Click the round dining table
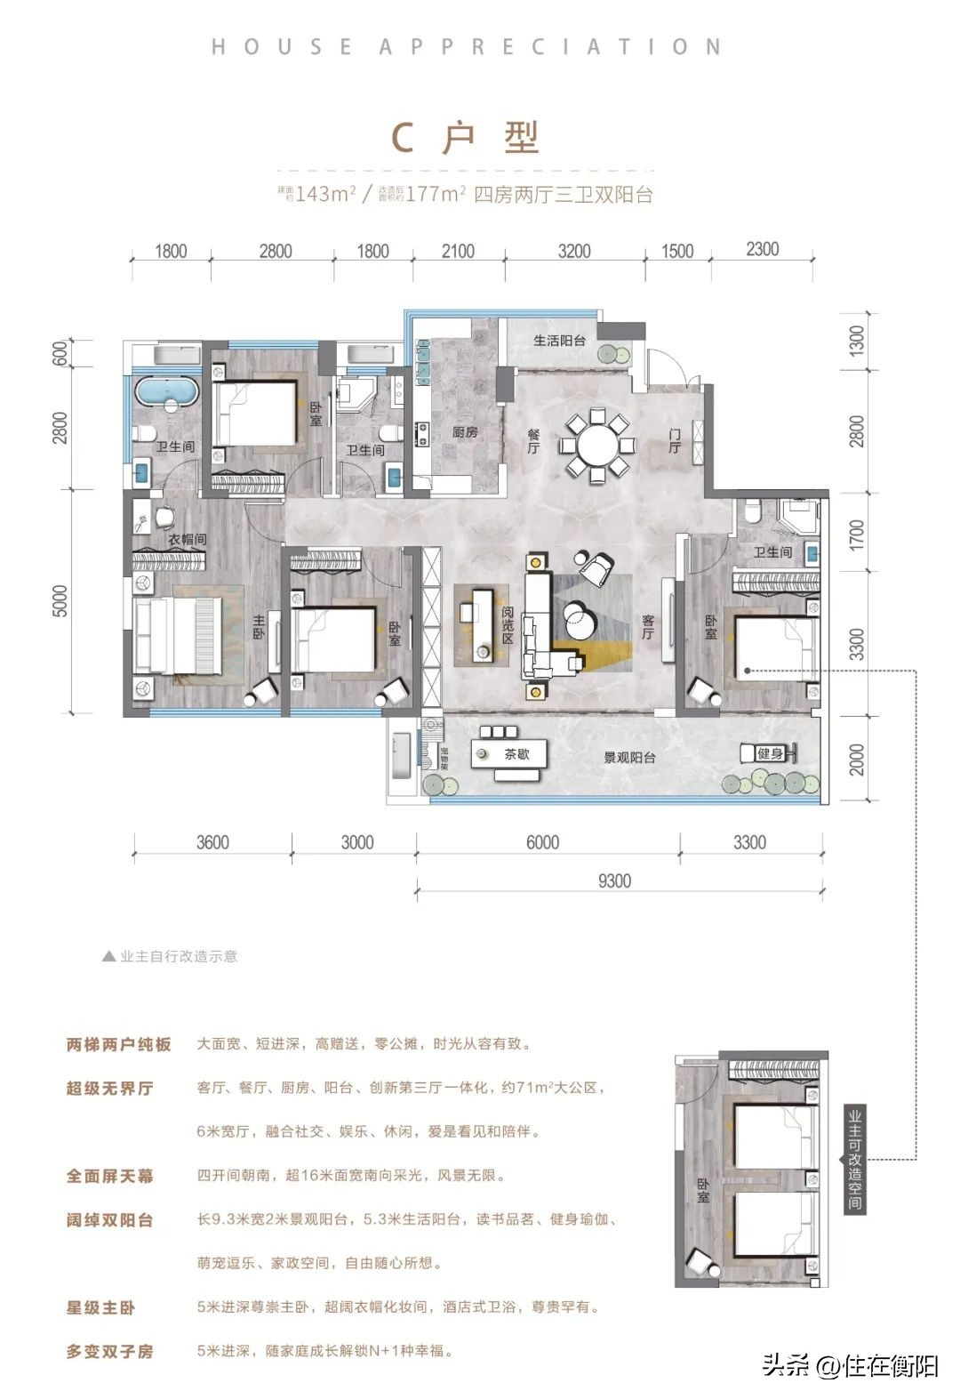tap(596, 445)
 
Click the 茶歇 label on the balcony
tap(516, 753)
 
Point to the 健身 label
tap(770, 753)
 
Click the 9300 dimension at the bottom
tap(614, 880)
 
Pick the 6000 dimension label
tap(542, 841)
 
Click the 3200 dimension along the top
tap(574, 251)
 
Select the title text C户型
tap(466, 138)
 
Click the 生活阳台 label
tap(559, 341)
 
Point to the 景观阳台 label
tap(629, 758)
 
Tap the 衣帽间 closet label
tap(188, 539)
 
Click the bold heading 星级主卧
tap(100, 1307)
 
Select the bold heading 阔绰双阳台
tap(109, 1220)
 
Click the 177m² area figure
tap(436, 194)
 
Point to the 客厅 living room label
tap(648, 627)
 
